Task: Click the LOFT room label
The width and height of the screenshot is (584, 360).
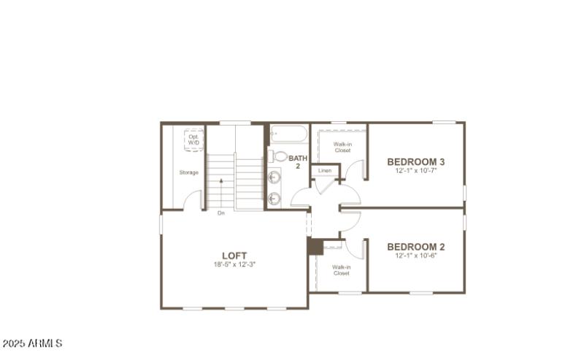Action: (x=234, y=256)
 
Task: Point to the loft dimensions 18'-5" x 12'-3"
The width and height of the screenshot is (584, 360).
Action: (x=234, y=264)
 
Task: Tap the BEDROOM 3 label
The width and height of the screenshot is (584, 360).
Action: (x=416, y=162)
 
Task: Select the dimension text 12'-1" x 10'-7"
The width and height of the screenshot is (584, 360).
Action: (x=416, y=171)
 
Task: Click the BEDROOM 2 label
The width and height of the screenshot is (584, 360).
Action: (x=416, y=247)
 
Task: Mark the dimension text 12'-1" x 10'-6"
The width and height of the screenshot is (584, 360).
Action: (x=416, y=256)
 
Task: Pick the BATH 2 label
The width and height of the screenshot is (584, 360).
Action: (x=298, y=162)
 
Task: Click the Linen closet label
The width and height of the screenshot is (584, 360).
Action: (x=325, y=171)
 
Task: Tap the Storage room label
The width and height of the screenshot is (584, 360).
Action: (x=189, y=172)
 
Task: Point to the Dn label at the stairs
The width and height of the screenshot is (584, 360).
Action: (x=220, y=213)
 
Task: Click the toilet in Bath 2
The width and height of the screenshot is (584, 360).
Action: (x=280, y=156)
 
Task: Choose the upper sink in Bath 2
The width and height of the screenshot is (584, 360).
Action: (x=275, y=176)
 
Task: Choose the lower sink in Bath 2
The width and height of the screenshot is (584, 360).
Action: (x=275, y=197)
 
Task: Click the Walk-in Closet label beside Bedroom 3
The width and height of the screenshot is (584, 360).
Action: (x=342, y=148)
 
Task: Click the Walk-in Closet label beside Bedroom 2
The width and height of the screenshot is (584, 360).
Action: (x=341, y=270)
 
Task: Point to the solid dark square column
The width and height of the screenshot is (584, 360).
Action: (x=315, y=247)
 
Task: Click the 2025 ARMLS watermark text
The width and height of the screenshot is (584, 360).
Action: (x=32, y=343)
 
